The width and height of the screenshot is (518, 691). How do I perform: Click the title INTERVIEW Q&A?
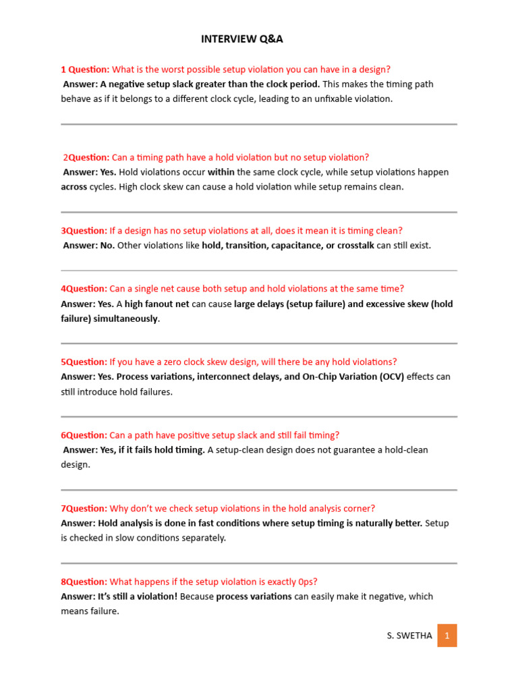pos(242,39)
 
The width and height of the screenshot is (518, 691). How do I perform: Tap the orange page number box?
pos(447,636)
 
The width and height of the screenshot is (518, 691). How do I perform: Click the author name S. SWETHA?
pos(409,636)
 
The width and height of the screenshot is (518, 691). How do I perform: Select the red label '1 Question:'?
pos(85,70)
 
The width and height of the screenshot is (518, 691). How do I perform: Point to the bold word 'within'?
pos(221,172)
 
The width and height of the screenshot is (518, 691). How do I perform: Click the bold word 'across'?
pos(74,187)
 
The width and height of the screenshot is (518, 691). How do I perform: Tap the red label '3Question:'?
pos(84,231)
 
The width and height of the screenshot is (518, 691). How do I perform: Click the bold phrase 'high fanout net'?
pos(157,304)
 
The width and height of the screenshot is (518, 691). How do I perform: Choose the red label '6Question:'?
pos(84,435)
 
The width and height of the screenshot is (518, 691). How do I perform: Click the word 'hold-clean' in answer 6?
pos(405,450)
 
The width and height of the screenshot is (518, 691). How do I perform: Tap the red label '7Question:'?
pos(84,509)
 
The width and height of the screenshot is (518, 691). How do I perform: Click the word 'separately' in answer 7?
pos(202,538)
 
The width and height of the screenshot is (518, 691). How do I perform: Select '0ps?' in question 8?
pos(306,582)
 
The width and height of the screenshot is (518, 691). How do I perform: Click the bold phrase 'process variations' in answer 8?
pos(254,597)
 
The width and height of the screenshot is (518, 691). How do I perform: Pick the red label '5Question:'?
pos(84,362)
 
